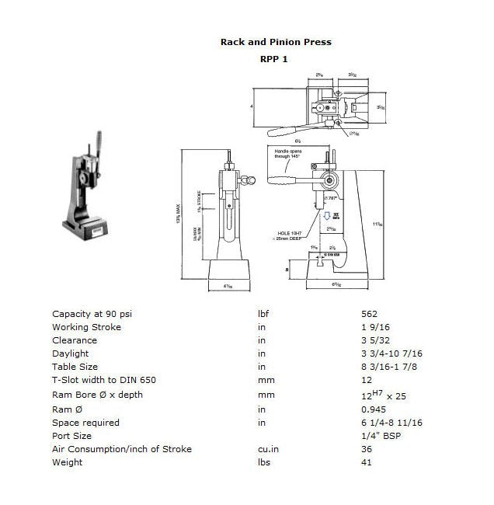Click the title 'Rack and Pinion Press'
coord(276,42)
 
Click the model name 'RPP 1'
coord(275,58)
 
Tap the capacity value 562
coord(370,314)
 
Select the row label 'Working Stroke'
coord(86,327)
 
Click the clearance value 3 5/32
coord(377,340)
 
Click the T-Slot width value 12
coord(367,381)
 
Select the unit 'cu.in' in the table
coord(269,449)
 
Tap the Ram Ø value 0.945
coord(374,409)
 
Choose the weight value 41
coord(367,462)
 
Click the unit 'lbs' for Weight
coord(265,462)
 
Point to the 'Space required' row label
coord(85,423)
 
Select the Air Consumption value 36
coord(367,449)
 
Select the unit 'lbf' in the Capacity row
coord(264,314)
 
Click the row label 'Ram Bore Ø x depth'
coord(97,395)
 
